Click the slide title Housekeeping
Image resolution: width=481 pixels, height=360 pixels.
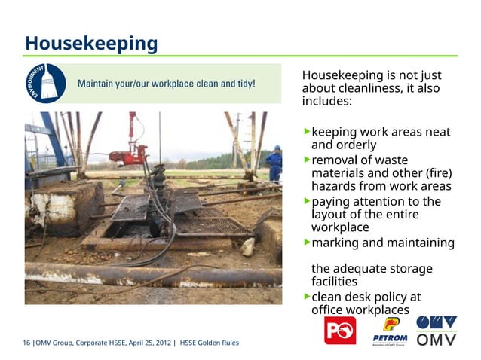91,43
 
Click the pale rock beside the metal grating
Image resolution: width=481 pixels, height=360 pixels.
247,246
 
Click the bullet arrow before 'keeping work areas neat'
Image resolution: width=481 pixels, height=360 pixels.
306,131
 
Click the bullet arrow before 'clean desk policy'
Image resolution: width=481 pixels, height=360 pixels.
306,296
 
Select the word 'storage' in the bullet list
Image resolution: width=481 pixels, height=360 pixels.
406,268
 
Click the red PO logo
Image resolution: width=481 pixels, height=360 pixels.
339,330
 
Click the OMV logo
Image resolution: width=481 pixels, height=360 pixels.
437,331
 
